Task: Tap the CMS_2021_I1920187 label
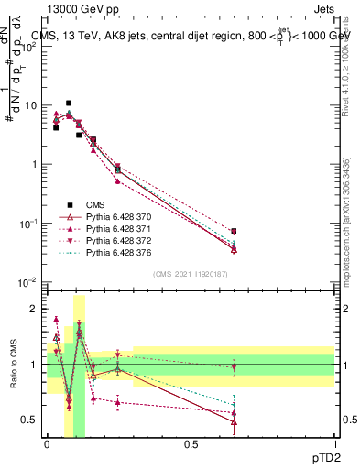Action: click(x=191, y=273)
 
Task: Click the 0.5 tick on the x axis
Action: click(x=191, y=443)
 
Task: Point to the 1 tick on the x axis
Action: click(x=334, y=443)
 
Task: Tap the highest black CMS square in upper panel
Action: click(x=69, y=104)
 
